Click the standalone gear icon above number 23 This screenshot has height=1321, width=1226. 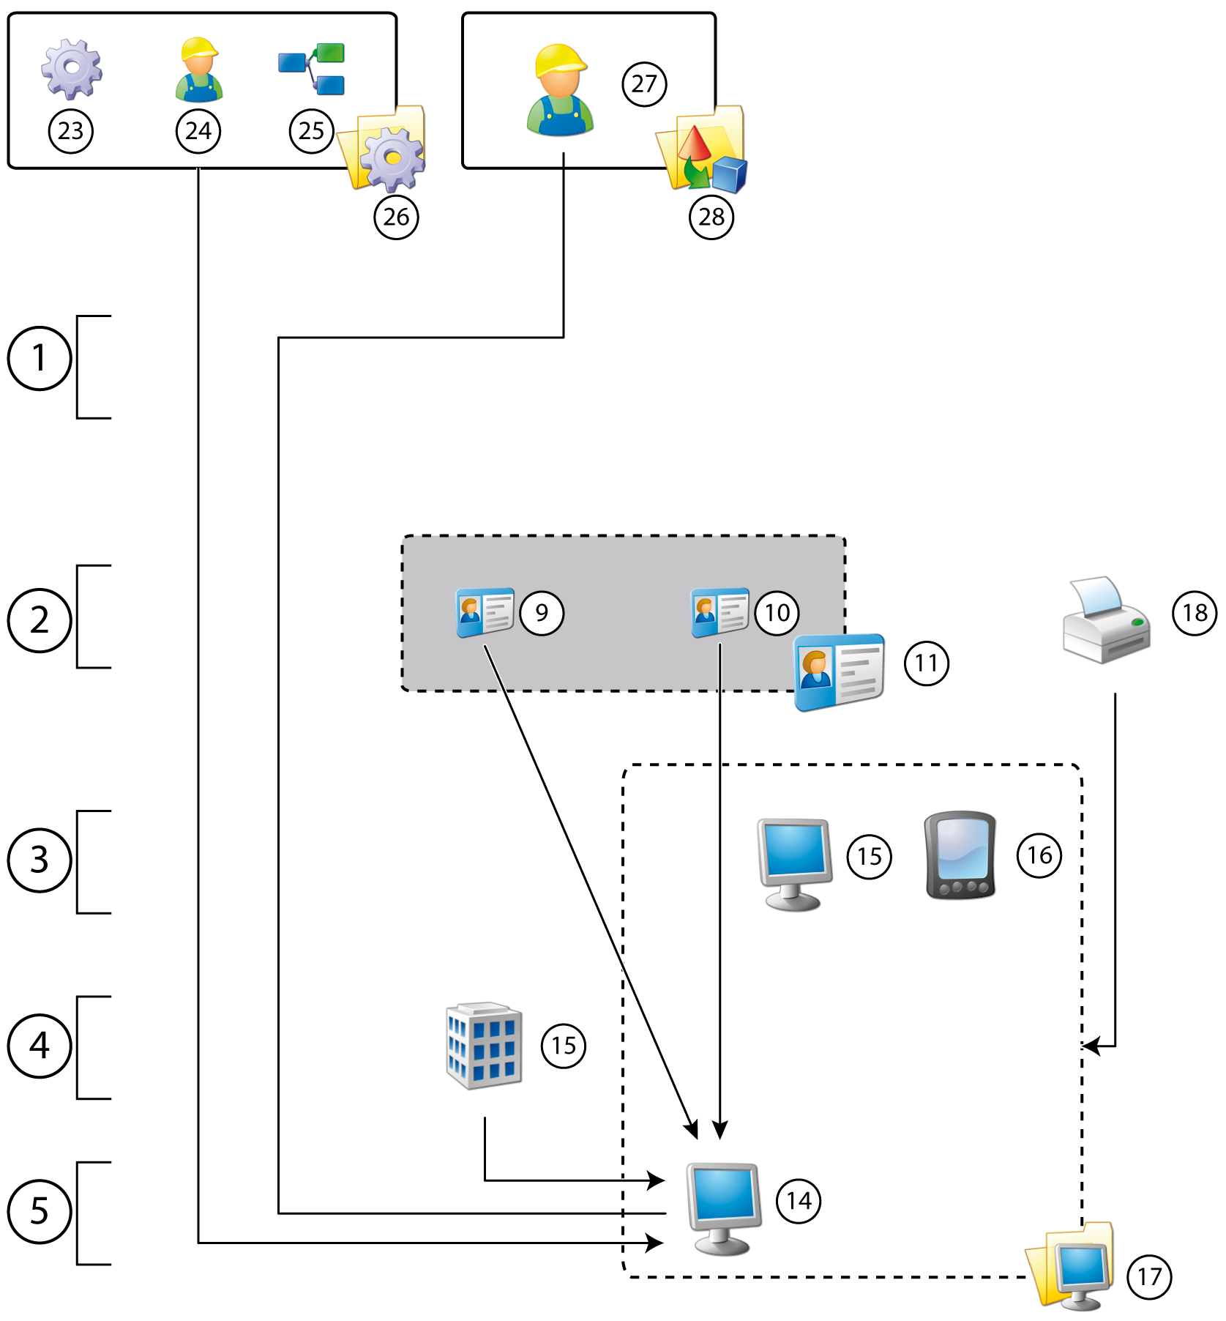[x=71, y=69]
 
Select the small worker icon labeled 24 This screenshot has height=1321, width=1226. [x=198, y=70]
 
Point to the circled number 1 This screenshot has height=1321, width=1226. [x=40, y=358]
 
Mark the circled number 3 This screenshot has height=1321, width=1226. [x=40, y=860]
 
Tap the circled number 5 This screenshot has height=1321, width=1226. [x=40, y=1211]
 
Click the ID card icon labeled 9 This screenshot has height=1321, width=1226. [x=485, y=612]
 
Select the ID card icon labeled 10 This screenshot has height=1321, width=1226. [x=720, y=612]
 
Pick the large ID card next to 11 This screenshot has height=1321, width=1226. [x=840, y=672]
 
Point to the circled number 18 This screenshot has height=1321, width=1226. [x=1195, y=613]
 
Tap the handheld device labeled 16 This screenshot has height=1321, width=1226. [x=960, y=855]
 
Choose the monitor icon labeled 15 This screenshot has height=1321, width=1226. [x=794, y=863]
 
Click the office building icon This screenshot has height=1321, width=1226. [x=484, y=1046]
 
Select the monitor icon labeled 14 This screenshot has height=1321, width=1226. [x=723, y=1207]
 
